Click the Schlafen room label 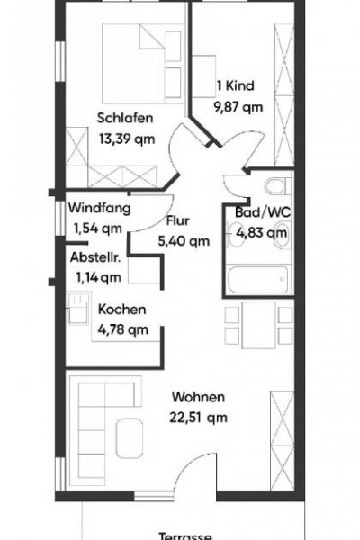point(125,117)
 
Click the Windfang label point(100,208)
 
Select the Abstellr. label point(97,256)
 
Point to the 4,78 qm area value point(122,328)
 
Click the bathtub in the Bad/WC point(257,278)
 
